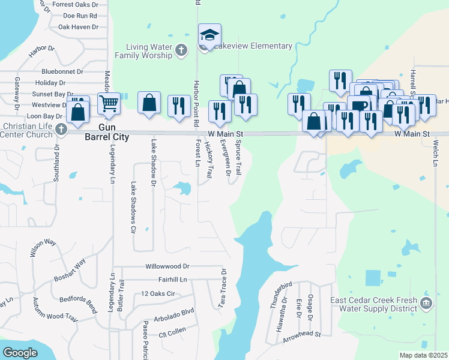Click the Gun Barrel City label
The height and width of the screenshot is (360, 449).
pos(113,131)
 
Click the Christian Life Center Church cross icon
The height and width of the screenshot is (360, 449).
pos(60,129)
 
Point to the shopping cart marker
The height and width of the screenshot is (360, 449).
pos(109,104)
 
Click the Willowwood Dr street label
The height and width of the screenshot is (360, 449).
pos(167,266)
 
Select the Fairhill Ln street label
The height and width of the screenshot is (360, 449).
pos(166,280)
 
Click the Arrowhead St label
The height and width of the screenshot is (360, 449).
pos(303,334)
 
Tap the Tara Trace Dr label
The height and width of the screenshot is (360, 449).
pos(222,289)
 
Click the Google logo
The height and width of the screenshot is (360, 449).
pos(20,353)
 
